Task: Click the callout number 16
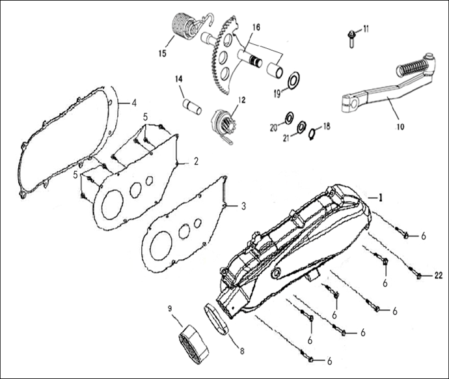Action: pyautogui.click(x=256, y=27)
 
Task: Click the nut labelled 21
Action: pyautogui.click(x=302, y=126)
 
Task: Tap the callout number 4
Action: pyautogui.click(x=133, y=102)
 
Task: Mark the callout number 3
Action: pyautogui.click(x=243, y=206)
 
